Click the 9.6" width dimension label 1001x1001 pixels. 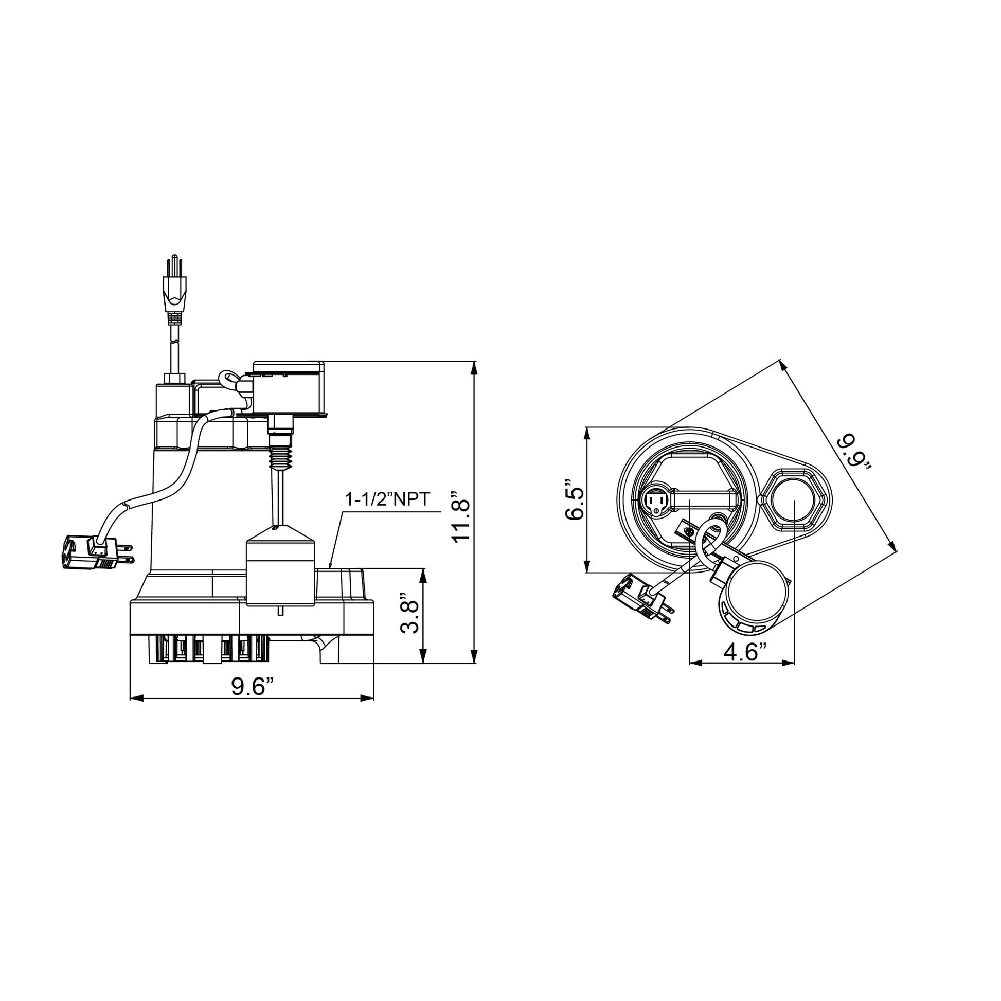pos(252,687)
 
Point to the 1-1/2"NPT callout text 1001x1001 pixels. pos(387,499)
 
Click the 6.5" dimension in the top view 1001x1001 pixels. pos(575,499)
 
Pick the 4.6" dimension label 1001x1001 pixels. pos(744,652)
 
